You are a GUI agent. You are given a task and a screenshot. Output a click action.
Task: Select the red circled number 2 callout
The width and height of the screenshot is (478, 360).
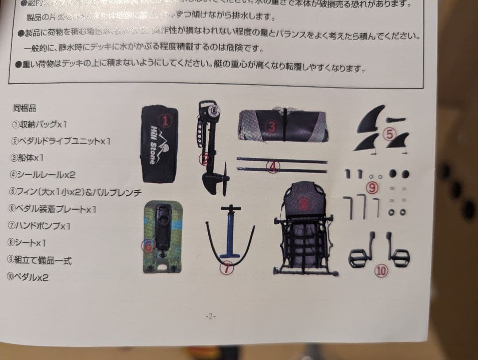(x=206, y=158)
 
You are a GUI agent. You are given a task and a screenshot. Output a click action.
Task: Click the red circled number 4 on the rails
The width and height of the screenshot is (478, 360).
(x=274, y=166)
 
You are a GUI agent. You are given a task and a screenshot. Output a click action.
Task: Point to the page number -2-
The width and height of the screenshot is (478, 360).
(x=210, y=316)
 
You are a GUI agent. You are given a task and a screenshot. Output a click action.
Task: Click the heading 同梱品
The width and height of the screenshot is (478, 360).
(x=25, y=108)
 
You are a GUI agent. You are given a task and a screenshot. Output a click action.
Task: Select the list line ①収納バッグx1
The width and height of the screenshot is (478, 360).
(x=40, y=124)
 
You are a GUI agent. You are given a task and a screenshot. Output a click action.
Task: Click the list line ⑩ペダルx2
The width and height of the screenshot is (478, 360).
(x=31, y=277)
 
